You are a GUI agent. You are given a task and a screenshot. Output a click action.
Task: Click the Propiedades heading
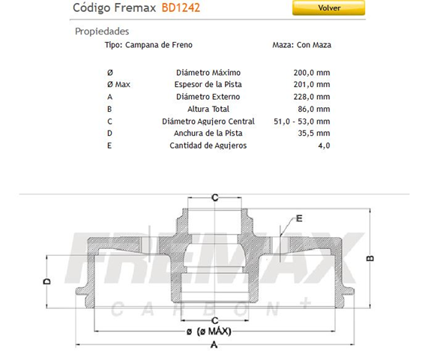click(102, 31)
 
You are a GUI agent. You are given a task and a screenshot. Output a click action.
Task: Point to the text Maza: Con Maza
click(301, 45)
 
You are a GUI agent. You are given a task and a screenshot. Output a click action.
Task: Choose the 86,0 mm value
click(316, 108)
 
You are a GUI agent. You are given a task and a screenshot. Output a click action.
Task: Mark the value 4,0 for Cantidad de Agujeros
click(324, 145)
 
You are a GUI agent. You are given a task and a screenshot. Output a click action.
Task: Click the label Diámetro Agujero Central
click(208, 121)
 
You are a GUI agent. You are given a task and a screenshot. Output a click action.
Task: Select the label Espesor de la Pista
click(208, 84)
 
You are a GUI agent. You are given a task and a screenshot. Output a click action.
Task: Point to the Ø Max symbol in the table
click(118, 84)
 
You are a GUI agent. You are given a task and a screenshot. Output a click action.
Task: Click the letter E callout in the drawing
click(299, 218)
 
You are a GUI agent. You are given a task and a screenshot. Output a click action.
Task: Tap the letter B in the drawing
click(370, 258)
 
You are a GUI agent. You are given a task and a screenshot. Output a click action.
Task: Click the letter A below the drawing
click(214, 346)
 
